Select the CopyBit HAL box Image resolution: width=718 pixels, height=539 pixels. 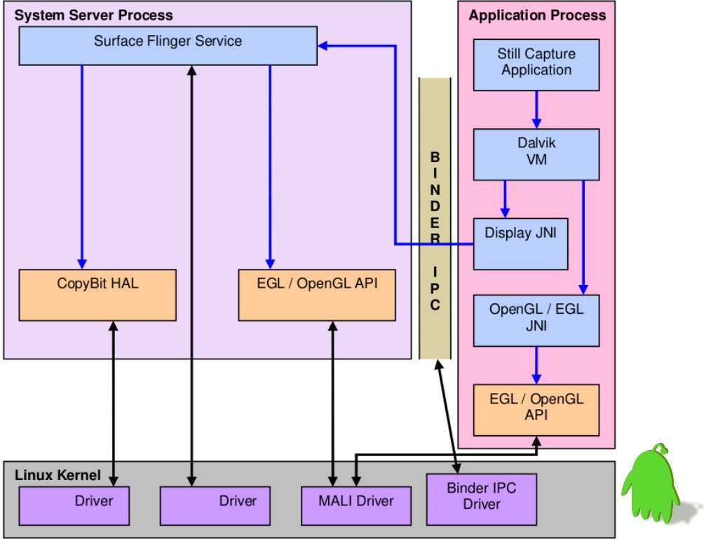[x=97, y=295]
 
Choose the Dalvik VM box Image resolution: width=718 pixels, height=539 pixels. [x=536, y=154]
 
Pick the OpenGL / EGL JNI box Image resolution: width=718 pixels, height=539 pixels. [x=536, y=320]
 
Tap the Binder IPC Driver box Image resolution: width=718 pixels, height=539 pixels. [x=481, y=499]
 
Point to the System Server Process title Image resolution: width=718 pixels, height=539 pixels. [x=94, y=15]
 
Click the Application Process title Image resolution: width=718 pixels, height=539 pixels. [x=537, y=15]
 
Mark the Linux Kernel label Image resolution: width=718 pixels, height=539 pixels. [x=57, y=475]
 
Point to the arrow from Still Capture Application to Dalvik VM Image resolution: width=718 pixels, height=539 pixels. [x=536, y=109]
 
